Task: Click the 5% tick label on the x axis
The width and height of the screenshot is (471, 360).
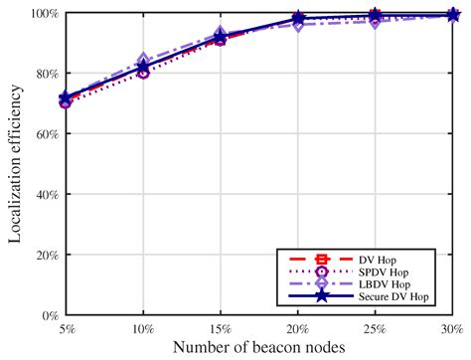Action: [66, 328]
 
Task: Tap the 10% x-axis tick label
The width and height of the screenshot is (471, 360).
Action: [142, 328]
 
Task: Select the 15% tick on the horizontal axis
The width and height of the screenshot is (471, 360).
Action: [220, 328]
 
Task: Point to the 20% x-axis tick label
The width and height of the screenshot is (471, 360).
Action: [297, 328]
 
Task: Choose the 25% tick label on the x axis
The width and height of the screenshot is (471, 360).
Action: [375, 328]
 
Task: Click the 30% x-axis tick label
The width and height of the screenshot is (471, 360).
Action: [451, 328]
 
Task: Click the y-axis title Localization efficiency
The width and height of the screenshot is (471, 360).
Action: [13, 164]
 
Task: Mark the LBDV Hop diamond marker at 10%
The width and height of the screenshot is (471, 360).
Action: [143, 62]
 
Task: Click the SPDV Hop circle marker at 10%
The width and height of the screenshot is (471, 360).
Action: [143, 73]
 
